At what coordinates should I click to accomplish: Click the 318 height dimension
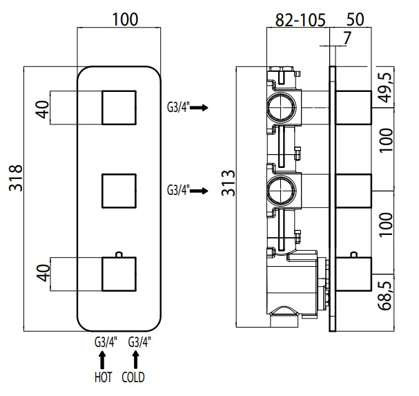click(16, 178)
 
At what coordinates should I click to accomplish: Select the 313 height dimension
click(228, 182)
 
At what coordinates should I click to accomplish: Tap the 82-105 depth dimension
click(300, 20)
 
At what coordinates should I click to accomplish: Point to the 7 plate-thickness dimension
click(347, 38)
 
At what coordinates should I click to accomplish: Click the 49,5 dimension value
click(387, 87)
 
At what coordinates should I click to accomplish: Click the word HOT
click(103, 377)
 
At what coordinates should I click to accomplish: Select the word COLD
click(133, 377)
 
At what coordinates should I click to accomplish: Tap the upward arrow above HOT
click(102, 360)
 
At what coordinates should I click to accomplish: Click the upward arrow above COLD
click(136, 360)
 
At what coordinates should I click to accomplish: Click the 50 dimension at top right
click(355, 19)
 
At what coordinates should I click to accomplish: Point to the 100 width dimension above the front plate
click(125, 19)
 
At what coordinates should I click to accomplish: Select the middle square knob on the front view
click(119, 191)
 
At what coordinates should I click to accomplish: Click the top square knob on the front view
click(119, 108)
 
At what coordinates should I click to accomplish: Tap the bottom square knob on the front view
click(119, 274)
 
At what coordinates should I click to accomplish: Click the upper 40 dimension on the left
click(43, 109)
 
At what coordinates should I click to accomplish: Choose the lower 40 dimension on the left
click(43, 273)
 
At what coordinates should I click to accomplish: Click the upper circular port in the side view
click(282, 108)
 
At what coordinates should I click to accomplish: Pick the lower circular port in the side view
click(282, 191)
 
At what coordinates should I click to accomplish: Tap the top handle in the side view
click(353, 108)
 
